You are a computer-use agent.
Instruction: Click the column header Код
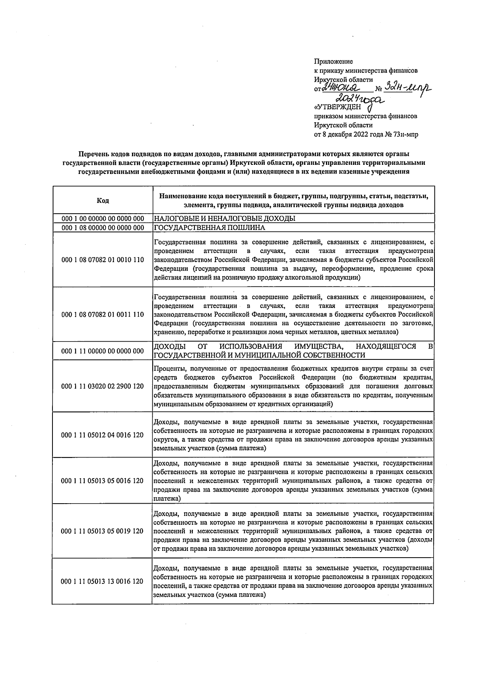[103, 201]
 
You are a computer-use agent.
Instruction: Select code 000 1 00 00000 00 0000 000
[103, 219]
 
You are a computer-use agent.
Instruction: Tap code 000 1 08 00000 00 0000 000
[103, 228]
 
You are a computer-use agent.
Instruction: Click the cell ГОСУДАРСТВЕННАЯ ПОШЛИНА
[209, 228]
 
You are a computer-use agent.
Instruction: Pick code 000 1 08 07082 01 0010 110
[103, 260]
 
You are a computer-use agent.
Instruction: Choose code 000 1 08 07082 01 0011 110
[103, 315]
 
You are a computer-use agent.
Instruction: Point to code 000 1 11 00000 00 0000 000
[103, 351]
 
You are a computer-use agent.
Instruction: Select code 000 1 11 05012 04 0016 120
[103, 435]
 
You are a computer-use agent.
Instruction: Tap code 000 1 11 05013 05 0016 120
[103, 481]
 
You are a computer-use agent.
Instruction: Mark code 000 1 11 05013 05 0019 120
[103, 531]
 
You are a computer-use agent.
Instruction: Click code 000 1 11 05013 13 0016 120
[103, 581]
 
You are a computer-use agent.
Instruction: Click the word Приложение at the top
[333, 62]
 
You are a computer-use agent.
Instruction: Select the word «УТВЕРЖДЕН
[337, 107]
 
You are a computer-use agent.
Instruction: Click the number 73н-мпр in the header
[406, 135]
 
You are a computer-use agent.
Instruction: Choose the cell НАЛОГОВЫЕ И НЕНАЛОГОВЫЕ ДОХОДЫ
[225, 219]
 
